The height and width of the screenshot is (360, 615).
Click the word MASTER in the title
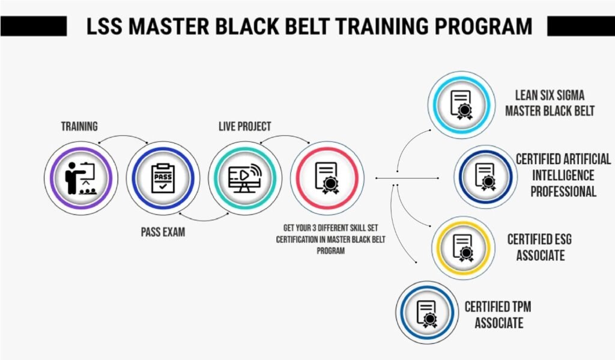(x=169, y=26)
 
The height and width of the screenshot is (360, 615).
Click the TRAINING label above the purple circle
(x=79, y=126)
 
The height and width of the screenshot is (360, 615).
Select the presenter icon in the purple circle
(x=81, y=178)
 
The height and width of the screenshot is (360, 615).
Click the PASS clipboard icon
(x=163, y=178)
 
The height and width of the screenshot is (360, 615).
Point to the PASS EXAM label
(x=163, y=232)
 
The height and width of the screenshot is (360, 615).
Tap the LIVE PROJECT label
(x=245, y=126)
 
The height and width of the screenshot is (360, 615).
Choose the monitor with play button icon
(x=245, y=178)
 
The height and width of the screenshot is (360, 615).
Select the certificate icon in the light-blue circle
(x=462, y=105)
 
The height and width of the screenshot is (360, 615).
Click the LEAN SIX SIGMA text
(x=550, y=96)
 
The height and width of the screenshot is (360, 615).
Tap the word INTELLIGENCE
(x=563, y=175)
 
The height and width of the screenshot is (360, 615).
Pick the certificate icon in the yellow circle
(x=463, y=248)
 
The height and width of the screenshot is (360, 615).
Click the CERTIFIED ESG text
(x=540, y=239)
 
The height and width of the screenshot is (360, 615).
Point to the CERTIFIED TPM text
(x=498, y=307)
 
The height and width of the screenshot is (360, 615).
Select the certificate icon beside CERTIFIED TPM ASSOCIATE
(x=427, y=314)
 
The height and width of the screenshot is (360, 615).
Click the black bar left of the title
(x=34, y=26)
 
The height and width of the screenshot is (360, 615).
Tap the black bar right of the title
(x=581, y=26)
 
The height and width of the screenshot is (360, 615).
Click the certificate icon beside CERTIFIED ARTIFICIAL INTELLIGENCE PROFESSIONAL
(x=485, y=177)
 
